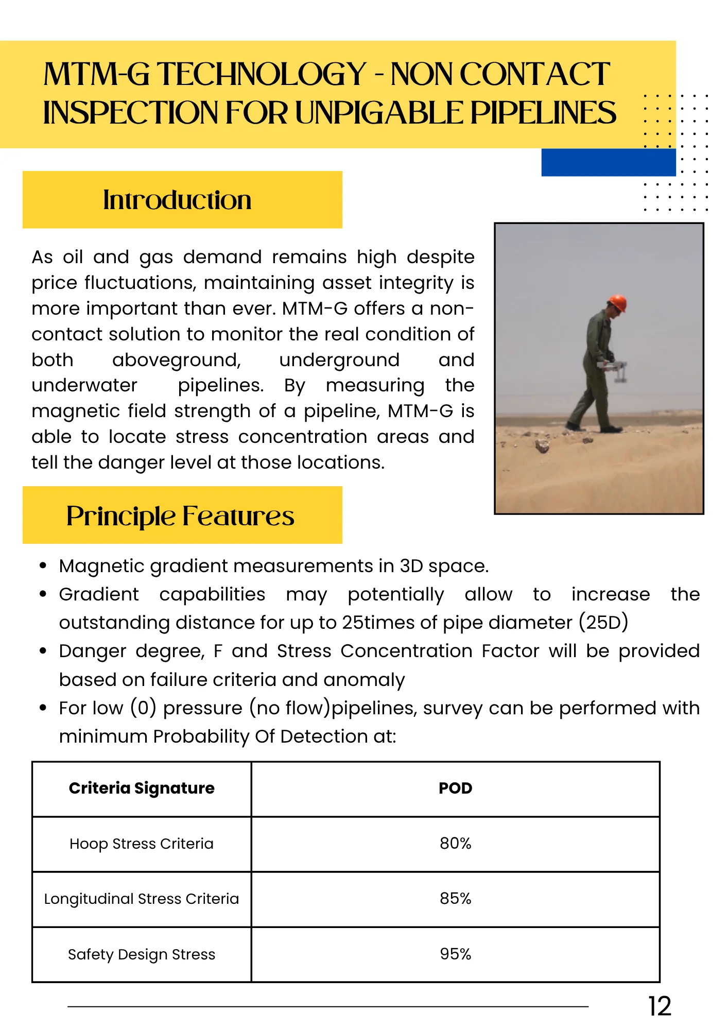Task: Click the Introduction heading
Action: (177, 200)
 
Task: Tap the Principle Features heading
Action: (180, 516)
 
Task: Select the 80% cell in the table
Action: (455, 844)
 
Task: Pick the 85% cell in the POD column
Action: (455, 899)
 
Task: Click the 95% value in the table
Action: (455, 954)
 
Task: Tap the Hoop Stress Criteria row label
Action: (142, 844)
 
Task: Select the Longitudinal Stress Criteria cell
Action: (142, 899)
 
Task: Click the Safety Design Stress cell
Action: (142, 954)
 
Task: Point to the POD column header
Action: (455, 788)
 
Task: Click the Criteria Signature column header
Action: (142, 788)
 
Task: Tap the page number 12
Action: (660, 1006)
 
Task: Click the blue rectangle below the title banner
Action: (608, 163)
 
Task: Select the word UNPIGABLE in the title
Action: (379, 113)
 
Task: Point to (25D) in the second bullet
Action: (603, 623)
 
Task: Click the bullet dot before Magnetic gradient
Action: (43, 566)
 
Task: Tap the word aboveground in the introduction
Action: (177, 360)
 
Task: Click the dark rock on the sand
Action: (542, 446)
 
